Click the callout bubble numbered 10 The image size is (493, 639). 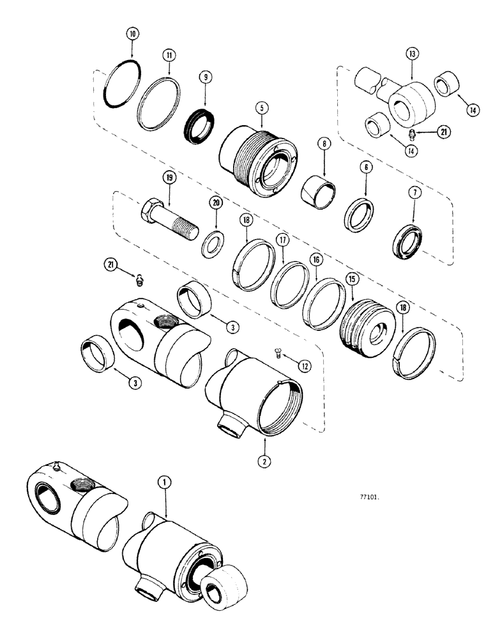pos(132,32)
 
